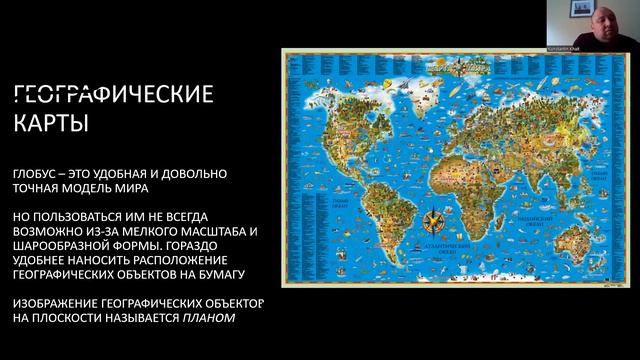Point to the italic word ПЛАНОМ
click(208, 320)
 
